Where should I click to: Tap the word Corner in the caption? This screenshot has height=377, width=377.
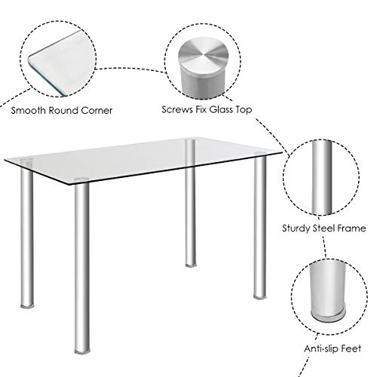point(97,110)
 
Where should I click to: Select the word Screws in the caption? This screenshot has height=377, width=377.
point(177,109)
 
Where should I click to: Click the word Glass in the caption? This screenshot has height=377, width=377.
point(221,109)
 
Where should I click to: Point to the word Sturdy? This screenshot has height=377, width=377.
point(296,228)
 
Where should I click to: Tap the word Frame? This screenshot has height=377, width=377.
point(351,228)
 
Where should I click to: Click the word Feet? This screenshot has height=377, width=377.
point(352,348)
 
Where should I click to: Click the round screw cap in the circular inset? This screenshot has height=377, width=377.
point(204,66)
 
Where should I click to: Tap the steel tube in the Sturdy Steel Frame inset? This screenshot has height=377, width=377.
point(322,177)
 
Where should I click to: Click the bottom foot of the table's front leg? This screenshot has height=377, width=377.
point(82,351)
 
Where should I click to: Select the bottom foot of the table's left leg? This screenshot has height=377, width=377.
point(27,305)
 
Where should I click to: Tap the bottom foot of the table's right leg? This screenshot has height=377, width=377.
point(260,297)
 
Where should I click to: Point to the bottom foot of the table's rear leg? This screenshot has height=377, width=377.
point(191,265)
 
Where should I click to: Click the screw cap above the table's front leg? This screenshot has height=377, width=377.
point(81,179)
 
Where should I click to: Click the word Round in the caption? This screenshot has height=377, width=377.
point(63,110)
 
